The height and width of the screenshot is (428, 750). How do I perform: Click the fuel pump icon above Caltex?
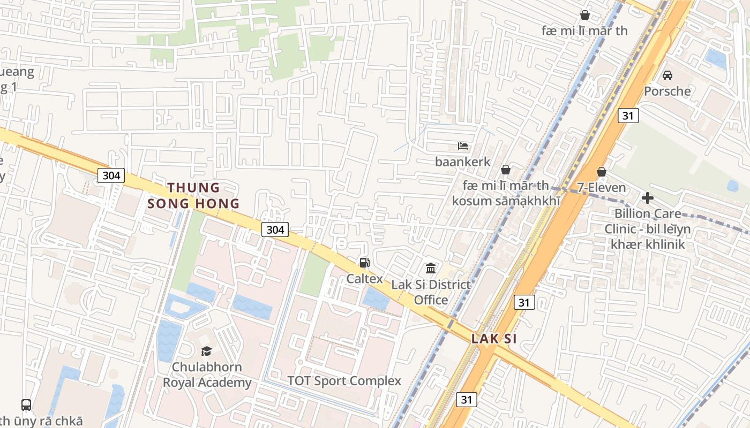coord(364,262)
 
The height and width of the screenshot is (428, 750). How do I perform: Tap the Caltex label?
coord(364,279)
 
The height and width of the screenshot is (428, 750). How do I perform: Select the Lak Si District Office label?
coord(431,292)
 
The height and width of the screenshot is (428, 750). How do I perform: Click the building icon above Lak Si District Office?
coord(431,267)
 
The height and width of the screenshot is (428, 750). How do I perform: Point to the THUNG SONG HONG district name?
coord(193,195)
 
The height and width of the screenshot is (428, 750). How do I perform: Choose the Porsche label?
coord(667,91)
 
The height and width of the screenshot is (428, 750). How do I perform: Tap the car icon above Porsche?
coord(667,75)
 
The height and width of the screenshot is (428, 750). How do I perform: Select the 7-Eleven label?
coord(601,187)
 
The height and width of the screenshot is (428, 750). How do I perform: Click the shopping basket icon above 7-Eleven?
coord(601,172)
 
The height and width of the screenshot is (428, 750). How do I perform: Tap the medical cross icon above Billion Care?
coord(647,198)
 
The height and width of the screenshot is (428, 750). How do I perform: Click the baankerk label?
coord(462,161)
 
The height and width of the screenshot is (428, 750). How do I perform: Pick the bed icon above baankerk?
coord(462,146)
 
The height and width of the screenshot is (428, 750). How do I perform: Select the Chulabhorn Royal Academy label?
coord(207,374)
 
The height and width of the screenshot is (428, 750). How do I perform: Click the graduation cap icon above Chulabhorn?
coord(206,351)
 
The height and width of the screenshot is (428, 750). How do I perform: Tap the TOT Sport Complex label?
coord(344,381)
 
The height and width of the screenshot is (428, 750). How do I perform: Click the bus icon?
coord(26,405)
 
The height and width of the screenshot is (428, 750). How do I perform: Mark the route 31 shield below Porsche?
coord(628,116)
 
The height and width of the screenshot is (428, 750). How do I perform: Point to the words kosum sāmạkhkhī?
coord(506,201)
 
